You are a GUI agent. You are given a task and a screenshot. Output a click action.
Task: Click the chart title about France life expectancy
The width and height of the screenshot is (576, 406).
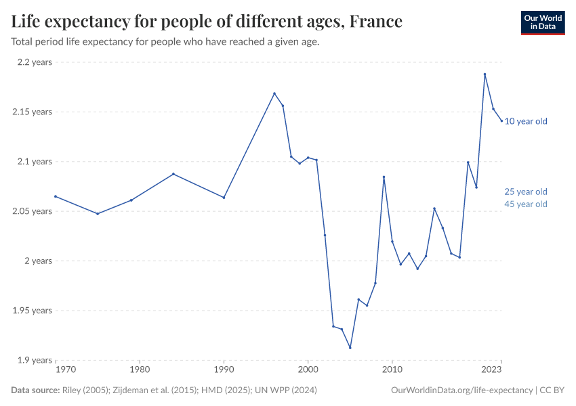(x=207, y=22)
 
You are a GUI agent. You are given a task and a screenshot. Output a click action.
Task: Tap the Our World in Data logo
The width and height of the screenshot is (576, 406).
(x=542, y=22)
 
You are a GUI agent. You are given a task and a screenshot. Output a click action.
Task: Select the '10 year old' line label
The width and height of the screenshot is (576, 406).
(x=526, y=121)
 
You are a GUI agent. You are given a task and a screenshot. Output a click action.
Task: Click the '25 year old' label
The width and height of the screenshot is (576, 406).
(x=526, y=191)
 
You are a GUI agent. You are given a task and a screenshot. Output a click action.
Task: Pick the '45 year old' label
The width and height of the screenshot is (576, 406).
(x=526, y=204)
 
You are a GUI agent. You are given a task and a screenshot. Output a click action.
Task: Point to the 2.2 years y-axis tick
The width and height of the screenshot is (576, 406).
(x=33, y=62)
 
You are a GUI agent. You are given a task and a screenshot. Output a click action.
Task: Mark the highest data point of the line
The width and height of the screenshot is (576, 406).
(x=485, y=74)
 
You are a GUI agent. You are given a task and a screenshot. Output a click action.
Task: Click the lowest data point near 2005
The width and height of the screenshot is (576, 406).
(x=350, y=348)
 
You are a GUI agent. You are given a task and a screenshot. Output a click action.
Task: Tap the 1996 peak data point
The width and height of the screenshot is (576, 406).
(x=274, y=93)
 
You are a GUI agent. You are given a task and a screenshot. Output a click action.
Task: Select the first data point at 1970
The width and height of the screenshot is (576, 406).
(x=56, y=196)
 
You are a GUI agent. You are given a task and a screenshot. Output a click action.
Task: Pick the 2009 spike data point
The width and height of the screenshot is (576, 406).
(x=384, y=177)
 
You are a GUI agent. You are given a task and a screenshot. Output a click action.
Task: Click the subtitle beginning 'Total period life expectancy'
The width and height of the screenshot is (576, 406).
(x=165, y=41)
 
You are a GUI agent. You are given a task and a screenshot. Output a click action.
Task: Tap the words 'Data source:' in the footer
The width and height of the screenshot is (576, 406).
(x=35, y=390)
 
